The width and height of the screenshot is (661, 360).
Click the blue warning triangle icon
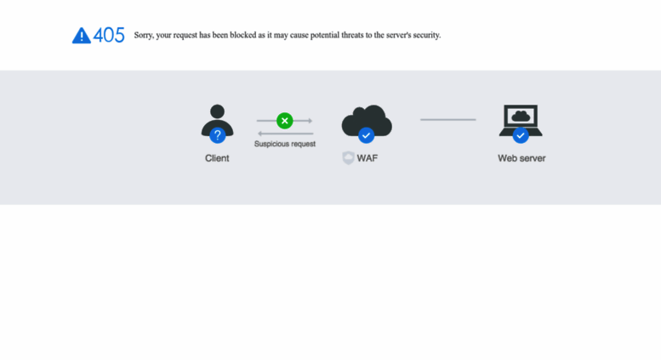[x=82, y=36]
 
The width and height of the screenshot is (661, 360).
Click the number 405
[x=109, y=35]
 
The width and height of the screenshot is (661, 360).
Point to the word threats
[x=352, y=35]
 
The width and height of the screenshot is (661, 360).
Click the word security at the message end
[x=426, y=36]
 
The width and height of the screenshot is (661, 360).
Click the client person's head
[x=217, y=111]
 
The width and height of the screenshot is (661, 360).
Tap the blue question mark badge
[x=218, y=135]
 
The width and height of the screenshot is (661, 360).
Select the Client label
[x=217, y=158]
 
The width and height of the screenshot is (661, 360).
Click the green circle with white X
[x=284, y=121]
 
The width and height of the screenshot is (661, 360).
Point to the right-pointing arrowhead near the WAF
[x=311, y=121]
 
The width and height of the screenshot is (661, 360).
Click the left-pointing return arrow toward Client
[x=285, y=134]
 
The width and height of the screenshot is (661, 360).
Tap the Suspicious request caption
[x=285, y=144]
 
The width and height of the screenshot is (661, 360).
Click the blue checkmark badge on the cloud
[x=366, y=135]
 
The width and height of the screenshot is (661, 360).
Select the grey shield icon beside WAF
[x=348, y=157]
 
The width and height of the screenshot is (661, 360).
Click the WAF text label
[x=368, y=158]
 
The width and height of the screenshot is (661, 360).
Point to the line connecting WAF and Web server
[x=448, y=120]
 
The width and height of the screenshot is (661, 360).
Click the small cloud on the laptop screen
[x=521, y=116]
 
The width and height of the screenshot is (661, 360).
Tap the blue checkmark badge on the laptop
[x=521, y=135]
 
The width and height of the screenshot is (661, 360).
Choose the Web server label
[x=521, y=158]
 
